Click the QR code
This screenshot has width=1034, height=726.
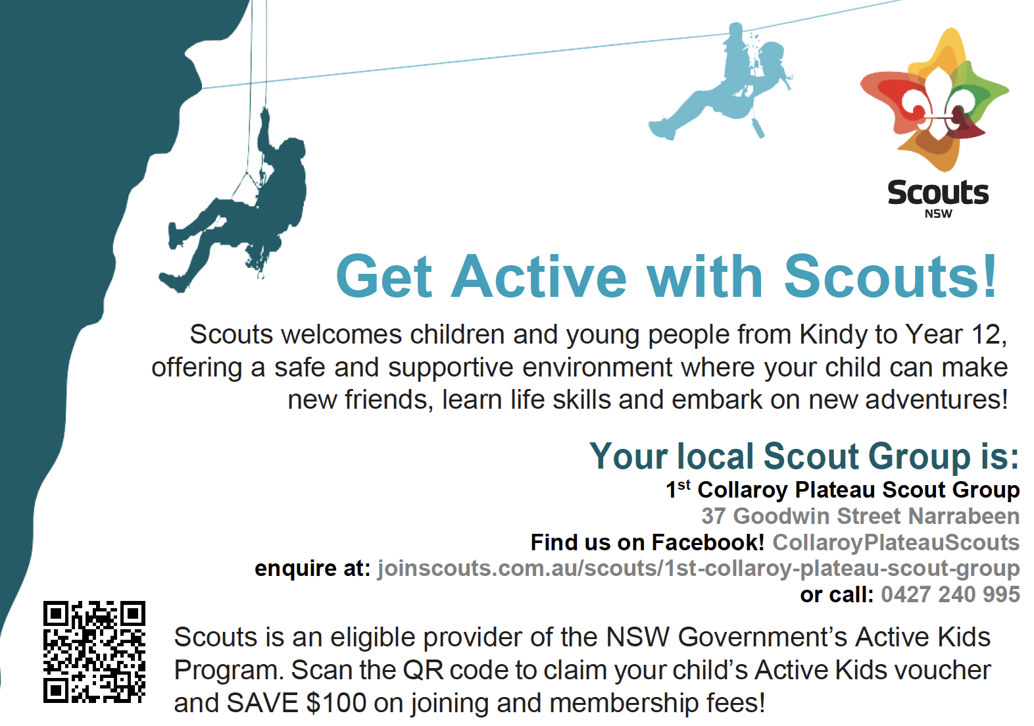point(94,652)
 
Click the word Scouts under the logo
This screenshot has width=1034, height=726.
point(938,193)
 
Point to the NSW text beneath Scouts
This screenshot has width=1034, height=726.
point(939,214)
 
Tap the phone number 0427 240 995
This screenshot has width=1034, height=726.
point(950,594)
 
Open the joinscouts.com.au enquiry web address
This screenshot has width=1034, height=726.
point(699,569)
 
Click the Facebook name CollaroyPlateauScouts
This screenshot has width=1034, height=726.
point(896,542)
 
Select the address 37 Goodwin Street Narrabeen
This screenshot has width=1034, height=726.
point(860,516)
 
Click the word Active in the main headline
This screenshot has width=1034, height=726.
point(539,276)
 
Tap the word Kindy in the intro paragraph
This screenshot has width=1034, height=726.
point(833,334)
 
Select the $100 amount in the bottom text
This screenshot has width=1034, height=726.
point(336,703)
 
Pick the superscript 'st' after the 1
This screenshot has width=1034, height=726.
point(684,484)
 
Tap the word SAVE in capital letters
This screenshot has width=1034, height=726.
point(262,703)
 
